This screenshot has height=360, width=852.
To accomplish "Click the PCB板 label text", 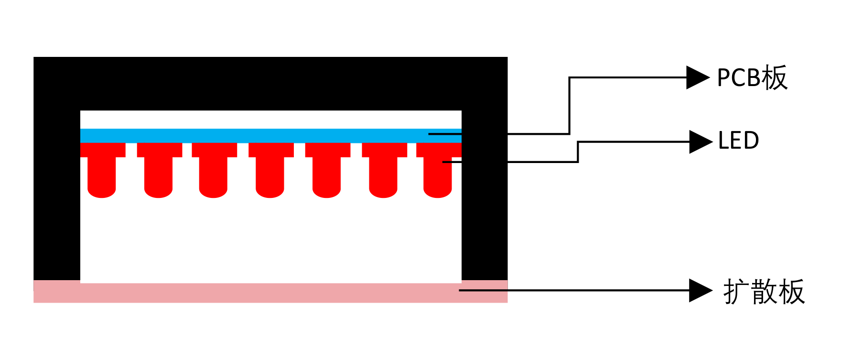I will [752, 77].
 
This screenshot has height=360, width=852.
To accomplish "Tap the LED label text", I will [738, 141].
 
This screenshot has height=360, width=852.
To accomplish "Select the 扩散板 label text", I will [764, 292].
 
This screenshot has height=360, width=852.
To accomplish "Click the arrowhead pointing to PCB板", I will [697, 77].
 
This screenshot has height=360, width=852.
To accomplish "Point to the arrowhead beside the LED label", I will [700, 142].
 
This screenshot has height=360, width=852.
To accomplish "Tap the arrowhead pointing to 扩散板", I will [700, 290].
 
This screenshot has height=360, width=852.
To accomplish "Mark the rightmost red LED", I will [438, 172].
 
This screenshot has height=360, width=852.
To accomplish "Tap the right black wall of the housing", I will [484, 215].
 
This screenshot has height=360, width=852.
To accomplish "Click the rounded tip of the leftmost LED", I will [102, 192].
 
